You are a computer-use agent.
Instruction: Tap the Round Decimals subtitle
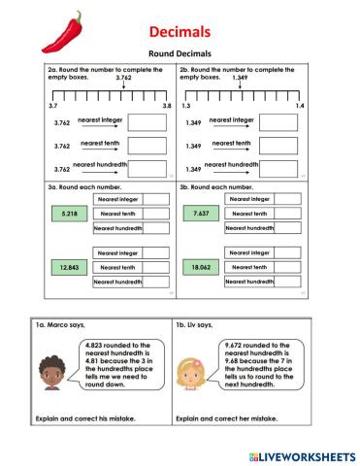[180, 53]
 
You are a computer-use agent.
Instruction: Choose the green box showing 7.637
[201, 213]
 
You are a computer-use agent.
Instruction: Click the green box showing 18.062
[201, 267]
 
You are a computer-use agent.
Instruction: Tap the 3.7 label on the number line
[52, 105]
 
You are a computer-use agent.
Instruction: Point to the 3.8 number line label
[166, 105]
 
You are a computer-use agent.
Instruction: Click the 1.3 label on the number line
[185, 105]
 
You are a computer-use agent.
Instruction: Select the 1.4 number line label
[299, 105]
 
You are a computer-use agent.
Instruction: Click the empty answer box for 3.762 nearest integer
[147, 122]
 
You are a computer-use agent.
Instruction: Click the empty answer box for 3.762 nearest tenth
[147, 146]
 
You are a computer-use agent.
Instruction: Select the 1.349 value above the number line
[241, 79]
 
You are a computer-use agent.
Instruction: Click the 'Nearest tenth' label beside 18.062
[249, 267]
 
